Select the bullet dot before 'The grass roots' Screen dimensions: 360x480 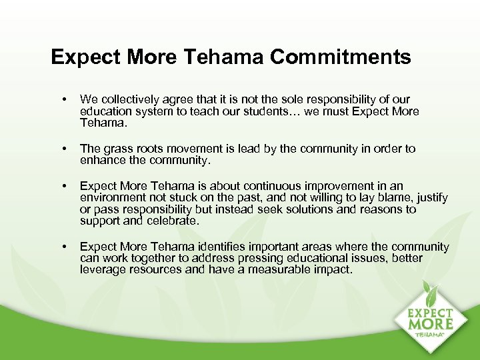[63, 149]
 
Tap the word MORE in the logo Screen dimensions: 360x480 [431, 324]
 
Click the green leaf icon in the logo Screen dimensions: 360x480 [431, 293]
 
